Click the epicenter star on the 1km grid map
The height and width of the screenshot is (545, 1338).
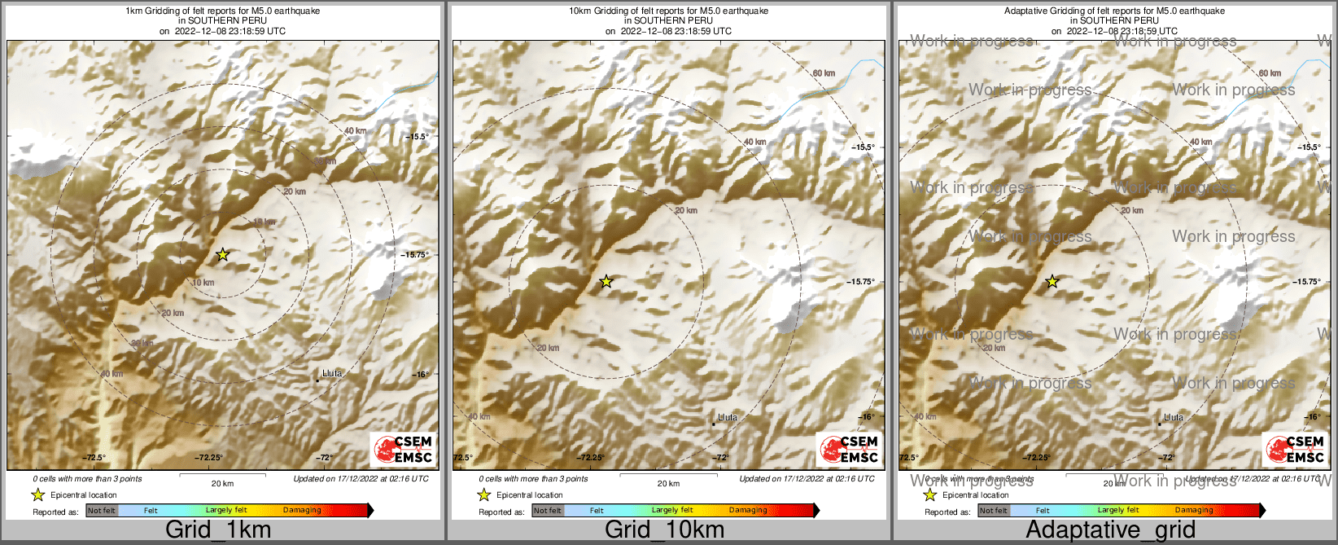coord(223,255)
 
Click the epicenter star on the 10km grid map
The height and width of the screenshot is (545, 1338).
coord(606,282)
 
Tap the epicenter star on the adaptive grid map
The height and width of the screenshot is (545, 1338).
coord(1052,282)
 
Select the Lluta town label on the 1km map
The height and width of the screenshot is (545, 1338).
coord(332,374)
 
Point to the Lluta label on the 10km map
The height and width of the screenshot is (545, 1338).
coord(728,418)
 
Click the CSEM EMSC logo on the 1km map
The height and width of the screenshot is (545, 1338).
coord(403,450)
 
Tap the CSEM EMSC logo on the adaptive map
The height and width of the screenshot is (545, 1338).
coord(1294,450)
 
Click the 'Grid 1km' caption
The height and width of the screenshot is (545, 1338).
coord(218,530)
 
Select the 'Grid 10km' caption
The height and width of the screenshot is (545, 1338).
coord(664,530)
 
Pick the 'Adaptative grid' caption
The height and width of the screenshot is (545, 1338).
coord(1110,530)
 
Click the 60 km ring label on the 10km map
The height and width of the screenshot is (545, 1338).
coord(824,73)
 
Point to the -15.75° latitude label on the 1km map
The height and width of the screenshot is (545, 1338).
coord(414,255)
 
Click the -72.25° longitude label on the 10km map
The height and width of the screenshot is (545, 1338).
coord(594,458)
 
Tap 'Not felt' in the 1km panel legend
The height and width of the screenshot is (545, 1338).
coord(102,511)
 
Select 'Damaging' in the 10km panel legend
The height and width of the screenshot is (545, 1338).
coord(748,511)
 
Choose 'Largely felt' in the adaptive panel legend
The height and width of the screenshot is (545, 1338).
coord(1118,511)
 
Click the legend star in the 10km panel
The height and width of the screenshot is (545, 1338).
coord(483,494)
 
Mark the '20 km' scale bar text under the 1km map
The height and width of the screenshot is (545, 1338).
coord(222,484)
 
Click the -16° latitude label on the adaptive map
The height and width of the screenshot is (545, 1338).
coord(1312,417)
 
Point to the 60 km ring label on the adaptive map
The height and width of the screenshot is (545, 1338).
coord(1270,73)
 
